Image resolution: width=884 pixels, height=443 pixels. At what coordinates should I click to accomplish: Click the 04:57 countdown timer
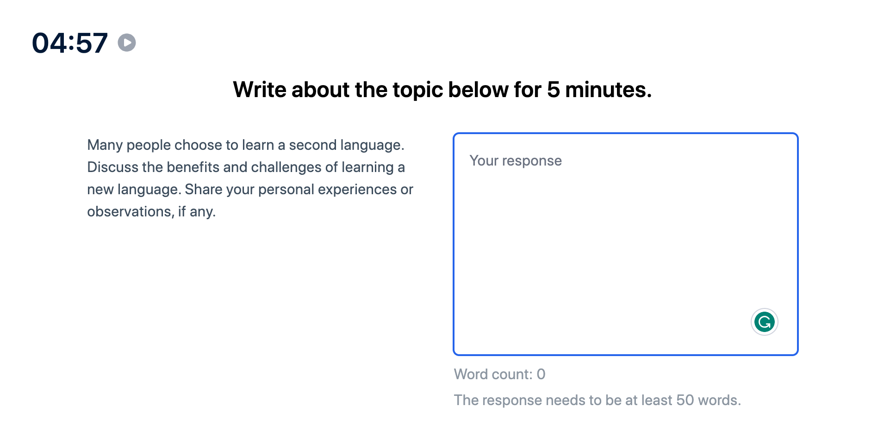[70, 43]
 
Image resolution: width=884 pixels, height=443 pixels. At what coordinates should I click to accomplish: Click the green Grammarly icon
[764, 322]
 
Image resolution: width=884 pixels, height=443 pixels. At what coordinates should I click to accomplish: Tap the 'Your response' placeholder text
[516, 161]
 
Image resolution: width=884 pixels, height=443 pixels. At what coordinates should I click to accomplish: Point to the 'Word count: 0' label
[500, 374]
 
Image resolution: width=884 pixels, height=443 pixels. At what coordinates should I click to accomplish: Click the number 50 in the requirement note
[685, 400]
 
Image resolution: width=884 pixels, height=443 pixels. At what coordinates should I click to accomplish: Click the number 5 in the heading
[553, 90]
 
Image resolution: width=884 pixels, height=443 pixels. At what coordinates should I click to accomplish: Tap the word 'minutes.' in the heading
[608, 90]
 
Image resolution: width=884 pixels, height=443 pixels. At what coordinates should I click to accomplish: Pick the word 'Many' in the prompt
[105, 145]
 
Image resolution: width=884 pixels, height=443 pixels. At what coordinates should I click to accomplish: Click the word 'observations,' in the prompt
[131, 212]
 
